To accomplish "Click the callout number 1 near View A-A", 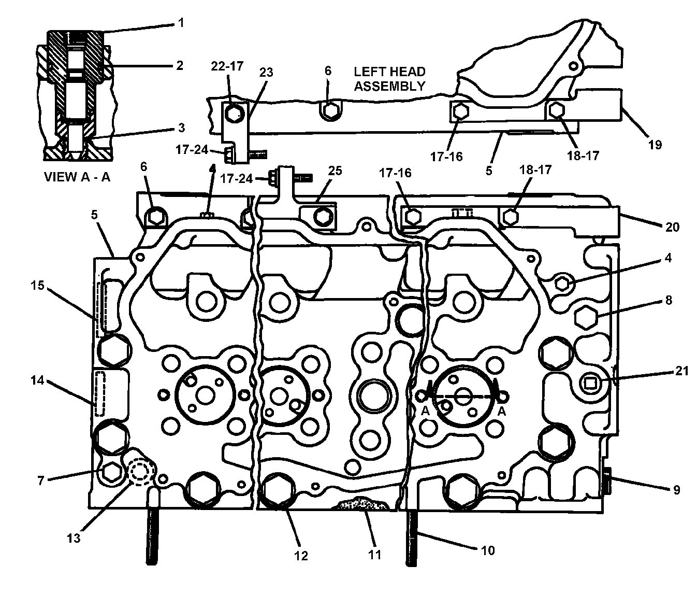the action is (181, 23).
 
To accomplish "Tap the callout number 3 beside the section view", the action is (182, 128).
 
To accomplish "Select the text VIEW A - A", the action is (77, 177).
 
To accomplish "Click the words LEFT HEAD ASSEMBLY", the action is (389, 79).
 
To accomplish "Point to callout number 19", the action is (655, 145).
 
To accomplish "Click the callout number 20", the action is (672, 227).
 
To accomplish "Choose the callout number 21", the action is (682, 371).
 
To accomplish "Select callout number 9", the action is (676, 490).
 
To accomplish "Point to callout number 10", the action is (488, 550).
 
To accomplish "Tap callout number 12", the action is (301, 556).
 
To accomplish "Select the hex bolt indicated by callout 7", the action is (111, 473).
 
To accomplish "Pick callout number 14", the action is (37, 380).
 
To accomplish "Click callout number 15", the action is (37, 286).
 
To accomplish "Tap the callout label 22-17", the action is (227, 66).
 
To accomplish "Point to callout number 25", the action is (335, 171).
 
